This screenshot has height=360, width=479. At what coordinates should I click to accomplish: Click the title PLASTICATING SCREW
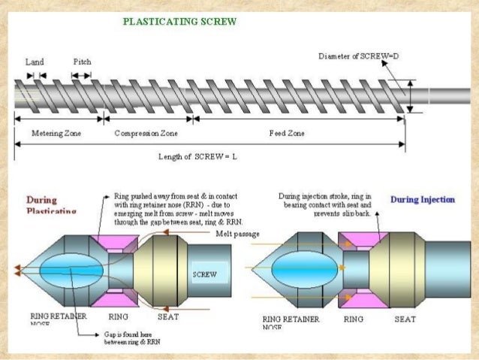coord(179,21)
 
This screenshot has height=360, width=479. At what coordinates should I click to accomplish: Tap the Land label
coord(35,62)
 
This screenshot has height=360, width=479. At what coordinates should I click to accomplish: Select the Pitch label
coord(83,62)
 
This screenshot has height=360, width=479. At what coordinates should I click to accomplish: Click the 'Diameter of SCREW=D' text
coord(357,56)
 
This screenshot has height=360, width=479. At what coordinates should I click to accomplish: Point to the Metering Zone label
coord(56,132)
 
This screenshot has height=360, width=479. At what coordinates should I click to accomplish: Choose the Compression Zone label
coord(146,132)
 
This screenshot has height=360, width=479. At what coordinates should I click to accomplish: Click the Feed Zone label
coord(287,132)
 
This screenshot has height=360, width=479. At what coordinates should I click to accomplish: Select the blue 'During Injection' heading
coord(423,200)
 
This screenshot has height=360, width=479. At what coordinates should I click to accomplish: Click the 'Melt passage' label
coord(238,234)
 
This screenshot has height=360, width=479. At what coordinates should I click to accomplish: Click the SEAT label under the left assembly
coord(168,317)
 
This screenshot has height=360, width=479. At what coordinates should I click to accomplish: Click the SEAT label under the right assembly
coord(405,319)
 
